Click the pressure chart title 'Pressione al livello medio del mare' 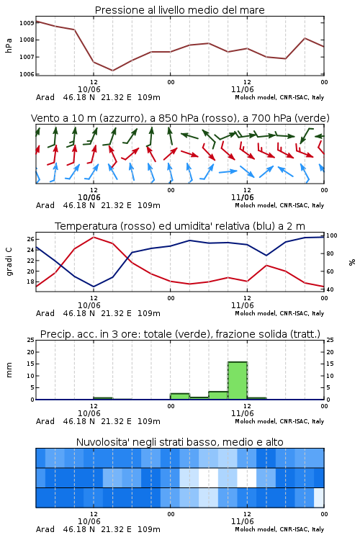point(179,10)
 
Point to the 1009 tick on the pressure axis point(27,23)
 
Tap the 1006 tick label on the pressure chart point(27,74)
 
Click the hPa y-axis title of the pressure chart point(9,45)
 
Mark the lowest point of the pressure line point(112,71)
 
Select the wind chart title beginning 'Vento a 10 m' point(180,118)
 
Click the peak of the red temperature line point(94,237)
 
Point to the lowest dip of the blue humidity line point(94,287)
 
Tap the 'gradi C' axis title point(9,261)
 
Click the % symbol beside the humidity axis point(352,262)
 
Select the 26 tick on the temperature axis point(30,239)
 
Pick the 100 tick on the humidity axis point(332,235)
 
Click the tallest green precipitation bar point(238,381)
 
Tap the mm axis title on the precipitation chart point(9,370)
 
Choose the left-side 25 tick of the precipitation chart point(30,340)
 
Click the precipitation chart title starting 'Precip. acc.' point(180,334)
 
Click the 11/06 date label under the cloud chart point(243,521)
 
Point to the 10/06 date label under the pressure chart point(89,89)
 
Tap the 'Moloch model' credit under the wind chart point(279,205)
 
